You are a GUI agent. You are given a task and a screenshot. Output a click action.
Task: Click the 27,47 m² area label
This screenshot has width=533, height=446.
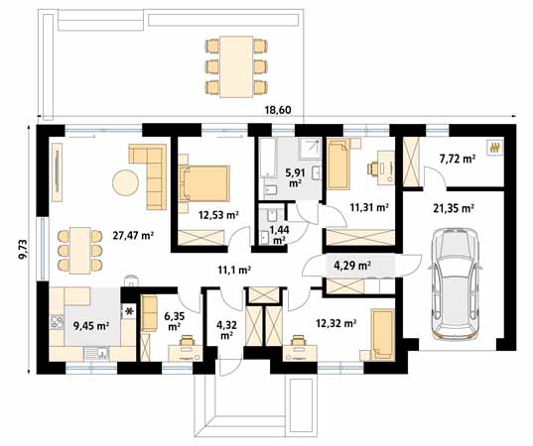pos(132,235)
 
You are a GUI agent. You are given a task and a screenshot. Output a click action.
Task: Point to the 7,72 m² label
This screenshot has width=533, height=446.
pos(456,158)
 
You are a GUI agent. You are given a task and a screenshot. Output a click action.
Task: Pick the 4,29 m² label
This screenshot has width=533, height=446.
pos(351,266)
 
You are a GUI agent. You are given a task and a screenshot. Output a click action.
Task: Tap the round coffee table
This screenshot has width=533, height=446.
pos(125,183)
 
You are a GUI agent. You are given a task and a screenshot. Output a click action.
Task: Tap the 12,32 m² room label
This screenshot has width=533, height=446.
pos(334,322)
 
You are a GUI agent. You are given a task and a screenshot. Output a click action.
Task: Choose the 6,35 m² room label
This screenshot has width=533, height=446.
pos(173,319)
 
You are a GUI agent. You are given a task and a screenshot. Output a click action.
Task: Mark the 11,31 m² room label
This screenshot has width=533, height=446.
pos(368,207)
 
